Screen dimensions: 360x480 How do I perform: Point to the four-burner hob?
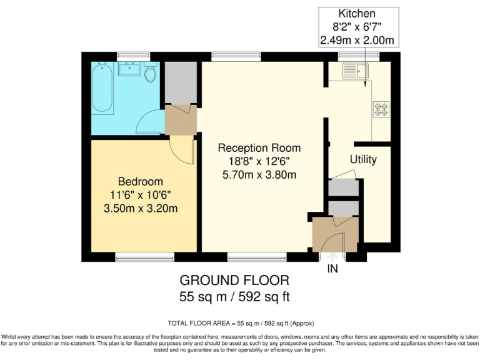pos(381,109)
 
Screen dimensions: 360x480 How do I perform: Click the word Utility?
pos(363,160)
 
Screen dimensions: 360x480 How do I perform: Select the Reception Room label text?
pos(259,148)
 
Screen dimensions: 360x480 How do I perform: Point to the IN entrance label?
pos(332,269)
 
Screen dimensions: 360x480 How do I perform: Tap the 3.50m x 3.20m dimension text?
pos(140,207)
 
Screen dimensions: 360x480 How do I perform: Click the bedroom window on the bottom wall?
pos(144,257)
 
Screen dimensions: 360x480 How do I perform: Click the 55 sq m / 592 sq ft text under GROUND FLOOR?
pos(234,296)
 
